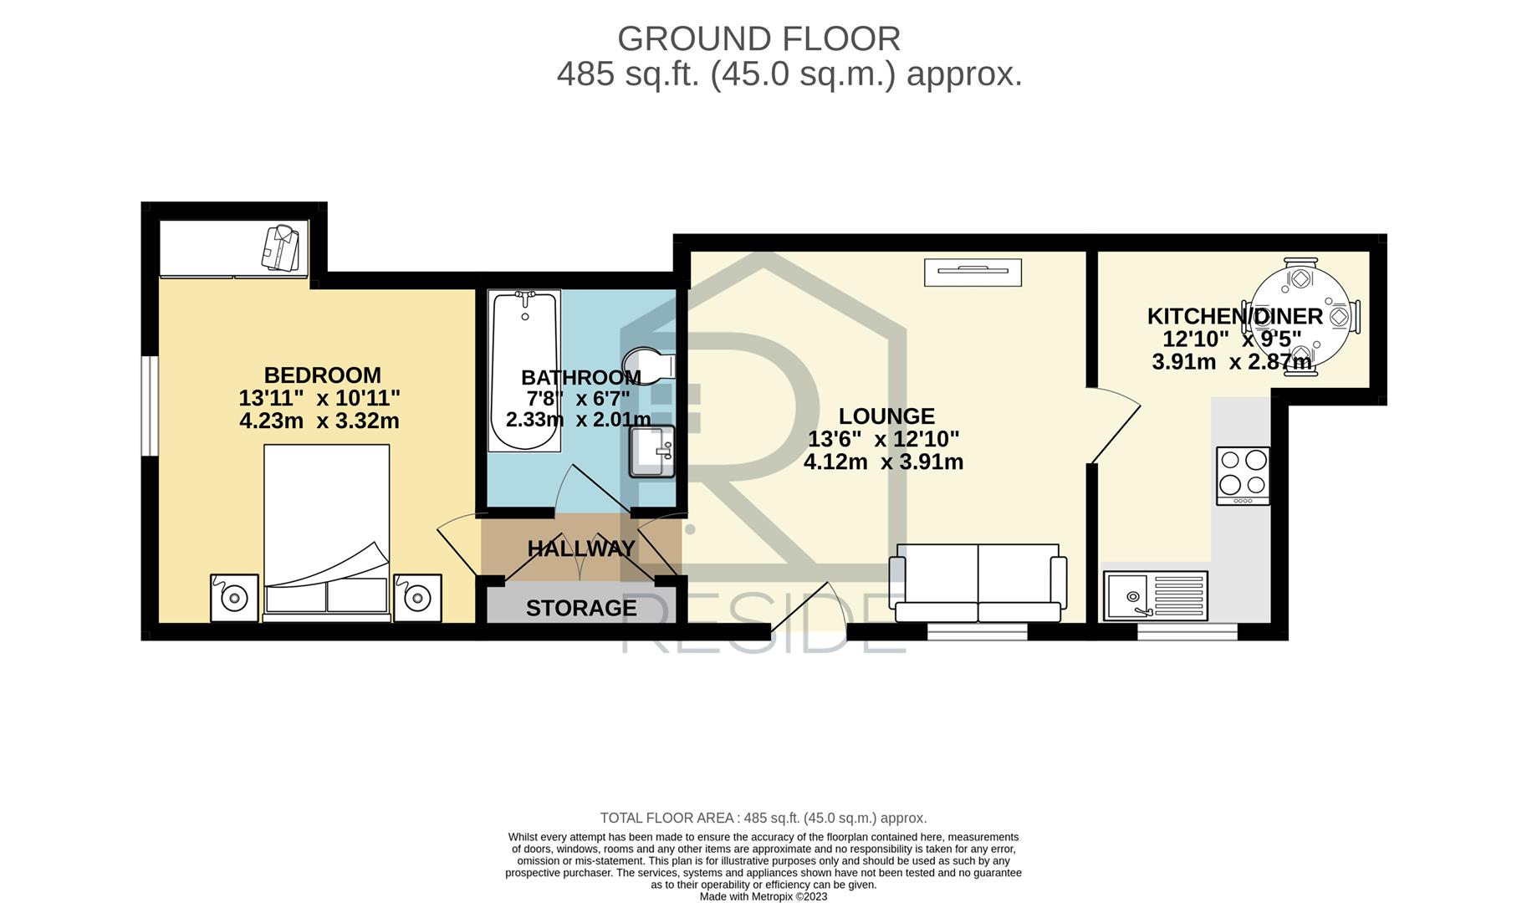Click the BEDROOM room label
[322, 375]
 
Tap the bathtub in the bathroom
[524, 370]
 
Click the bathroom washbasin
[651, 451]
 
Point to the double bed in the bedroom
[326, 533]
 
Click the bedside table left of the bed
[234, 597]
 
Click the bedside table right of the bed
[417, 597]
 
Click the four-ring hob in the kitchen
[1243, 476]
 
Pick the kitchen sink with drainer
[1156, 595]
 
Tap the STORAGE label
[581, 608]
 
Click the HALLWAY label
[581, 548]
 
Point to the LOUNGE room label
[886, 416]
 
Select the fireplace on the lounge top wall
[973, 273]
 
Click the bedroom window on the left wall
[150, 406]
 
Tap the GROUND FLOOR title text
[758, 38]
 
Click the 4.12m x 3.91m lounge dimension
[883, 462]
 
